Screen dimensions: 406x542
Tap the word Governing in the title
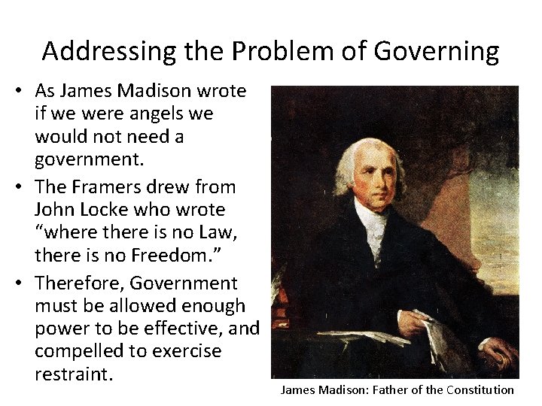436,52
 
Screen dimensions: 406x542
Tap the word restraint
73,374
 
